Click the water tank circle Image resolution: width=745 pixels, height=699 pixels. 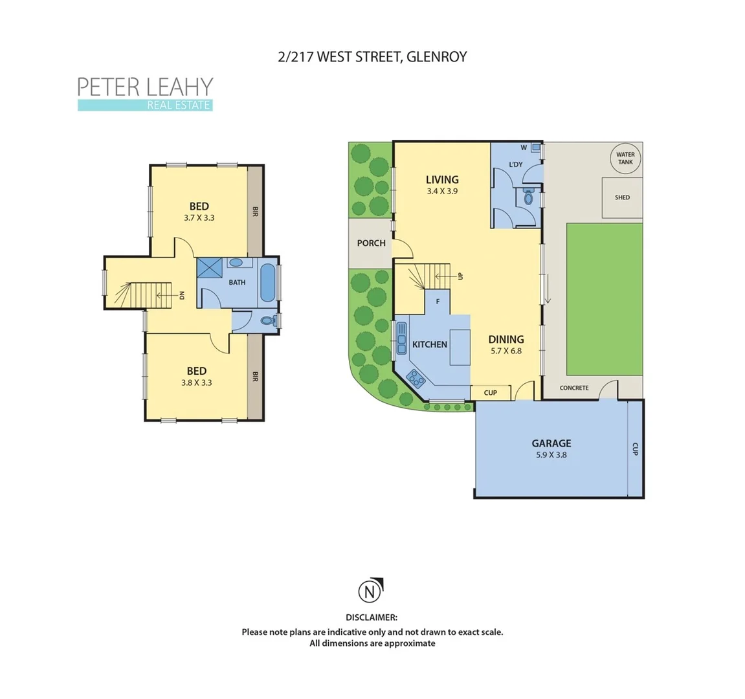(625, 158)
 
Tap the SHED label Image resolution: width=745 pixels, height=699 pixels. (622, 197)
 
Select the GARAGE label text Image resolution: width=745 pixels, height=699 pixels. (551, 443)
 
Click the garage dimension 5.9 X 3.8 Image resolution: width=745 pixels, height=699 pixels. (551, 455)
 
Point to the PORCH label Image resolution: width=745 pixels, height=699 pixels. (371, 243)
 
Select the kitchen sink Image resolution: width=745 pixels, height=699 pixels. (401, 335)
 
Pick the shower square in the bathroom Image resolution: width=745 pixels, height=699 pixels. (209, 269)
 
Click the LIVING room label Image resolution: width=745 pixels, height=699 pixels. (442, 180)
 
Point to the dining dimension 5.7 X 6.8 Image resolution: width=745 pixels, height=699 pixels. (506, 351)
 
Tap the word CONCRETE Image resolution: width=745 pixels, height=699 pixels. (574, 388)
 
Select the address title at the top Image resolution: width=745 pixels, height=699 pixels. (372, 57)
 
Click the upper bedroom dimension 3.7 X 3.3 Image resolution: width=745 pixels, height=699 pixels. (199, 218)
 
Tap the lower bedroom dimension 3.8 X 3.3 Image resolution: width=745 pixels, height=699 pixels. (197, 383)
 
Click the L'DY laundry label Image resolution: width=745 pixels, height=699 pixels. (516, 164)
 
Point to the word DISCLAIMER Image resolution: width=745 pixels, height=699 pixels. (372, 618)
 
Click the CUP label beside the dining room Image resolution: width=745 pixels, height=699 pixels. (491, 393)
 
